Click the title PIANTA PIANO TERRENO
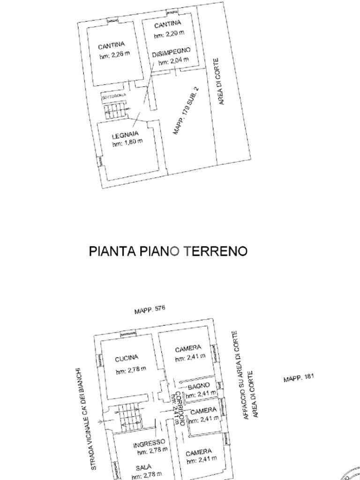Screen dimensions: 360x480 point(168,251)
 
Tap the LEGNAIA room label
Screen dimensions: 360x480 point(125,135)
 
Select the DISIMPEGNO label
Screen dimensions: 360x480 point(171,52)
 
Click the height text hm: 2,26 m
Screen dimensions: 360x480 point(115,55)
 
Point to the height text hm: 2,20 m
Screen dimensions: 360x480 point(169,33)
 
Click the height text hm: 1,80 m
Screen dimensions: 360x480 point(127,142)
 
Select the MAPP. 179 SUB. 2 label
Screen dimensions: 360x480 point(186,111)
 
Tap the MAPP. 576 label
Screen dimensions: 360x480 point(150,310)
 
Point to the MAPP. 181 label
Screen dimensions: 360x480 point(299,378)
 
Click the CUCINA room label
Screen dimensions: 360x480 point(127,359)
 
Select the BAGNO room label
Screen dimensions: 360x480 point(199,387)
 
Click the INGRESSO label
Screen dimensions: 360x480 point(149,443)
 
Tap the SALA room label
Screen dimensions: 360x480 point(143,468)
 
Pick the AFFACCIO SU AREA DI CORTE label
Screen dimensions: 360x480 point(239,375)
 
